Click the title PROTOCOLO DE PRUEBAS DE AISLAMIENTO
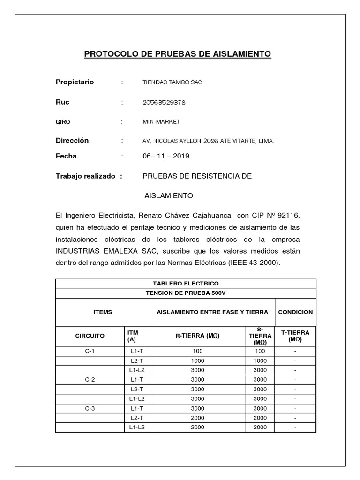click(178, 54)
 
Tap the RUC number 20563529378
click(166, 102)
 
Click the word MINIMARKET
click(161, 122)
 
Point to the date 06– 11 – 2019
click(166, 156)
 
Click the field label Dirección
click(72, 141)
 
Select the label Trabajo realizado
click(85, 176)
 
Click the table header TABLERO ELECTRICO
click(186, 284)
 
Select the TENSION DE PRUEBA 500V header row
click(186, 293)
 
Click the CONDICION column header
click(295, 312)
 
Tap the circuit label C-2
click(90, 380)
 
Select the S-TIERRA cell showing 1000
click(260, 361)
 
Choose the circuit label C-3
click(90, 408)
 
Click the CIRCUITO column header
click(90, 336)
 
